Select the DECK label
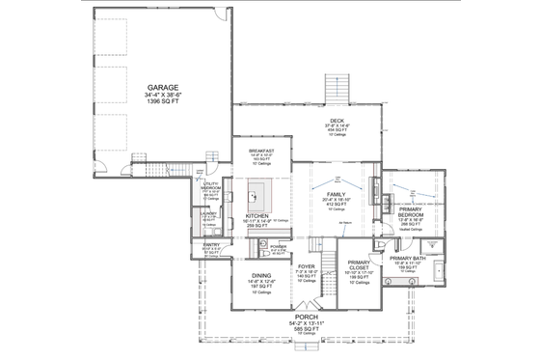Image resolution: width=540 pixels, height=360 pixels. tap(337, 121)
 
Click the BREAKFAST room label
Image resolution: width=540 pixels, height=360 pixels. tap(262, 151)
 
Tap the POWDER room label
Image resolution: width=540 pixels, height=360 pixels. tap(279, 247)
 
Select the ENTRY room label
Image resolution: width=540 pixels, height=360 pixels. tap(211, 245)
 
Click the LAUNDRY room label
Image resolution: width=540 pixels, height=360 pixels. tap(207, 212)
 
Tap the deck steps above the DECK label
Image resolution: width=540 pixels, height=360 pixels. tap(337, 84)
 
